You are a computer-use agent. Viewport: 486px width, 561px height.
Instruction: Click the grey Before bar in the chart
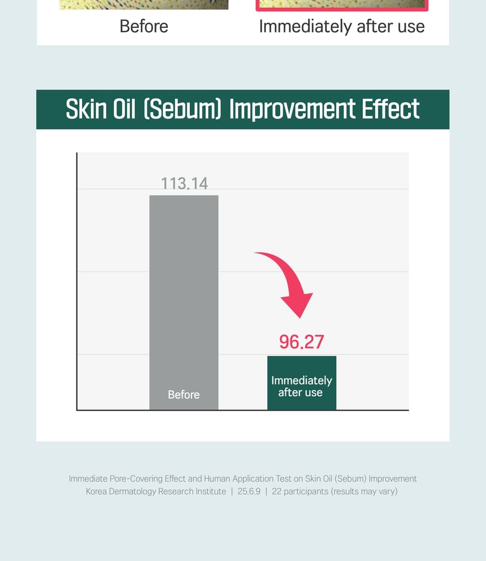click(184, 303)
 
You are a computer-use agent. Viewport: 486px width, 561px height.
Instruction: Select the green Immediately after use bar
click(302, 383)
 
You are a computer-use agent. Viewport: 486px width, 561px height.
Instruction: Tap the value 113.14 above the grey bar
click(184, 183)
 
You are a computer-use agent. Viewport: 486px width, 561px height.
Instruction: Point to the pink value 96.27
click(302, 341)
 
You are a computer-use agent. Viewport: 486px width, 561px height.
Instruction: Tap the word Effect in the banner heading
click(390, 109)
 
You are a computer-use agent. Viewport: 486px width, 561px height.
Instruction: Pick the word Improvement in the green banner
click(292, 109)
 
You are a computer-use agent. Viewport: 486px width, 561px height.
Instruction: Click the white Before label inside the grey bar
click(184, 395)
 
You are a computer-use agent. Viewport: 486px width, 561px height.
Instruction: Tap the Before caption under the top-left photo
click(144, 27)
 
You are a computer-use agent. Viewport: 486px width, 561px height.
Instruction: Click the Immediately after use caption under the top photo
click(342, 27)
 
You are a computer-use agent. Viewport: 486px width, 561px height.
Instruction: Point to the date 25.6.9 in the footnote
click(249, 491)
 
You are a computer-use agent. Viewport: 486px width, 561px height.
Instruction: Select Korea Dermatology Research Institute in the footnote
click(156, 491)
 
